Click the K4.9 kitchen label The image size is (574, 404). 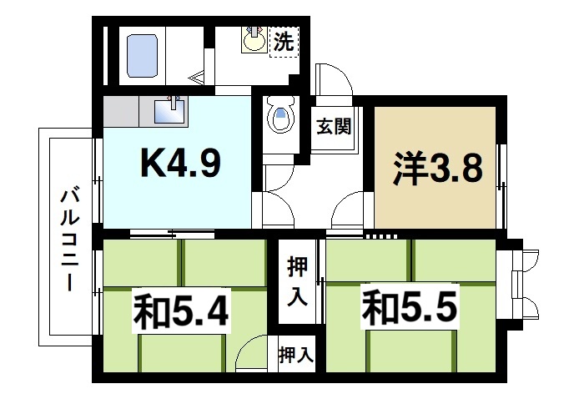pos(179,165)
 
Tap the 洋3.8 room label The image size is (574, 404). pos(438,169)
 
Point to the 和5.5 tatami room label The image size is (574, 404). pos(409,310)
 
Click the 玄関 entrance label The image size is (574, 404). pos(333,127)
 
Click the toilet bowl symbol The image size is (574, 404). pos(281,118)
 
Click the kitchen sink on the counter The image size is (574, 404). pos(174,109)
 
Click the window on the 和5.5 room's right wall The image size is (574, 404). pos(524,284)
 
